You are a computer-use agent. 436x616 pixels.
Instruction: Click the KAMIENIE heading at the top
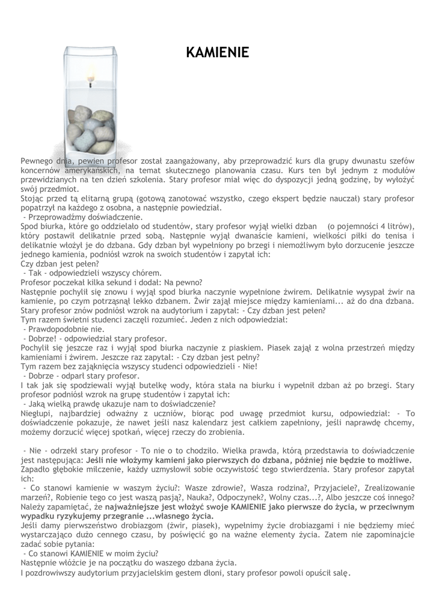[x=217, y=53]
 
